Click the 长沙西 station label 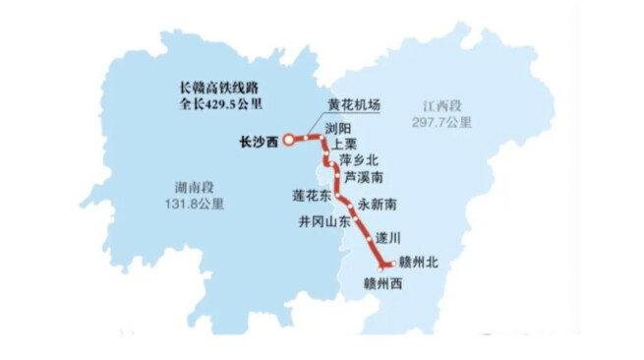pos(259,141)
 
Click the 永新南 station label pos(377,206)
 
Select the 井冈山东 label pos(324,222)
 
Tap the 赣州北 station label pos(420,263)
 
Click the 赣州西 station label pos(383,284)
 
